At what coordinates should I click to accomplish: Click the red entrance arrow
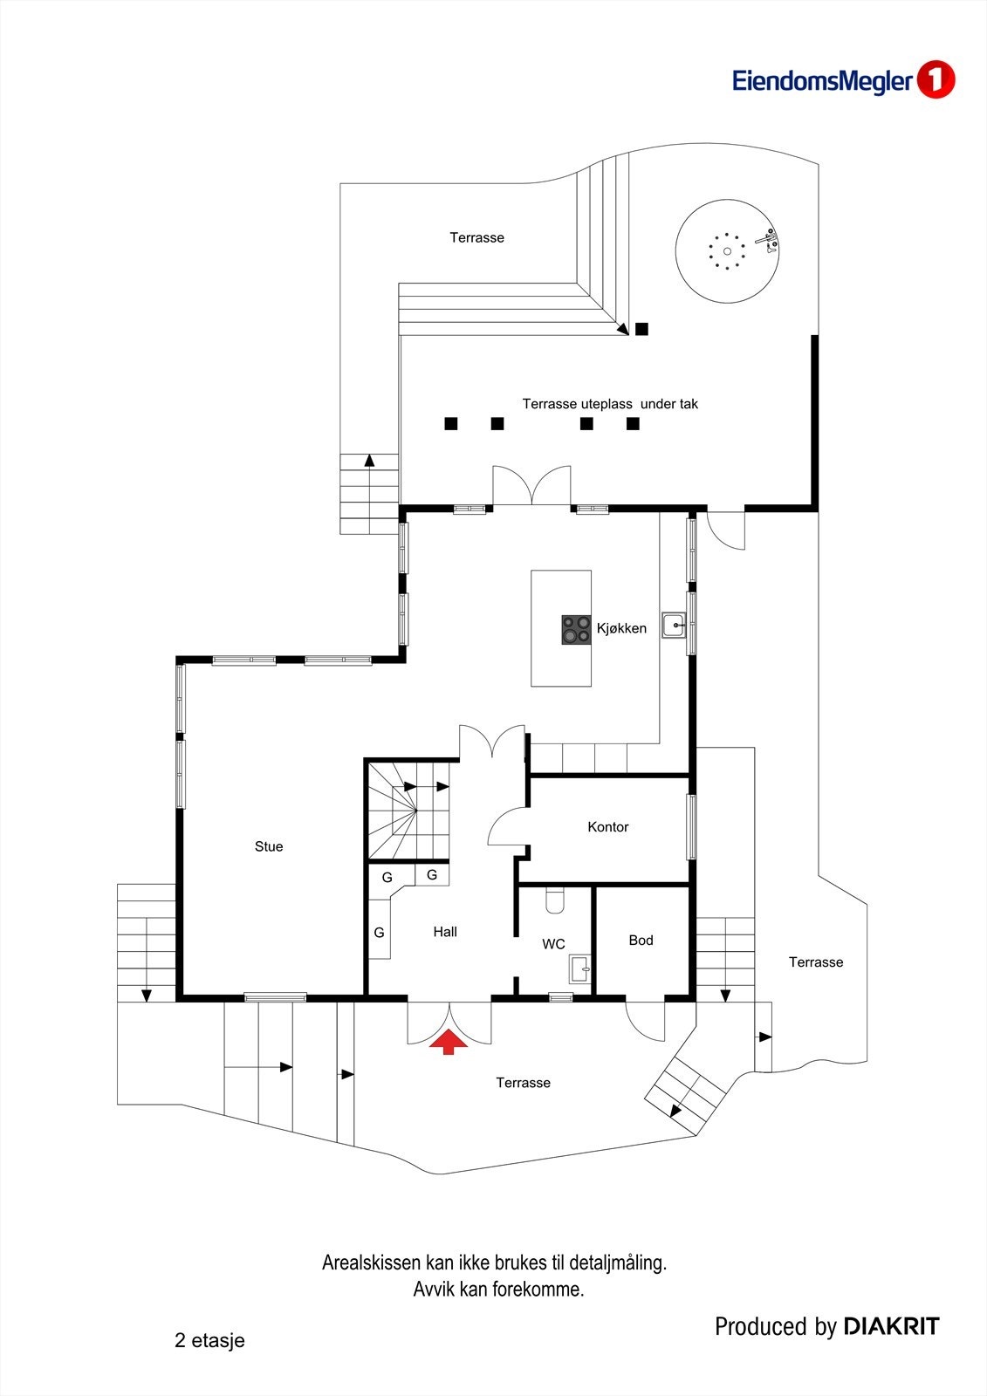[449, 1042]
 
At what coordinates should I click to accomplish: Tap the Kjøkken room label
[621, 628]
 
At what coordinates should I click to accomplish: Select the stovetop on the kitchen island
[576, 630]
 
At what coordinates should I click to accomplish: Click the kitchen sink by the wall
[674, 626]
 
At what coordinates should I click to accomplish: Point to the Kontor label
[607, 827]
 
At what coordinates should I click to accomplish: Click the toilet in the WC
[555, 900]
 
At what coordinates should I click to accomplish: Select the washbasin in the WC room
[579, 968]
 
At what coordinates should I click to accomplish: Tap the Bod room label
[641, 941]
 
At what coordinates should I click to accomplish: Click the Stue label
[269, 846]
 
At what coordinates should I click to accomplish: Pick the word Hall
[445, 932]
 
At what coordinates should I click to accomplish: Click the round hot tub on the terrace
[726, 251]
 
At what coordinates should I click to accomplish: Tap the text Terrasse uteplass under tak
[610, 404]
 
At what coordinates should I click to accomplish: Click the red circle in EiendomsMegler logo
[936, 80]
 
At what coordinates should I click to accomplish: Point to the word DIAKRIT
[891, 1327]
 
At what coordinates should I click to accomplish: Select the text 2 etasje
[209, 1341]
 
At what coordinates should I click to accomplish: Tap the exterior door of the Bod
[646, 1019]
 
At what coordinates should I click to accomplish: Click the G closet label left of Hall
[379, 933]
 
